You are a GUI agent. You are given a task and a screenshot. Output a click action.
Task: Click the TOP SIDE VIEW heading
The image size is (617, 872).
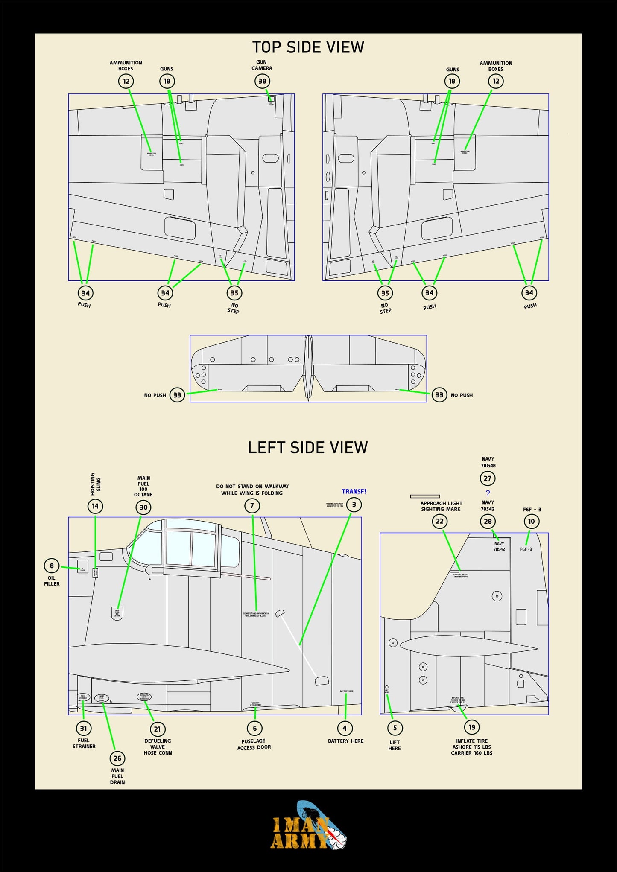(308, 47)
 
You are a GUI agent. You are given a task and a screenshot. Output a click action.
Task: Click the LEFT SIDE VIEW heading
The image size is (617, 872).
(308, 447)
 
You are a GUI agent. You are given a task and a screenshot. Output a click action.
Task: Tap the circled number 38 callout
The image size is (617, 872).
(262, 81)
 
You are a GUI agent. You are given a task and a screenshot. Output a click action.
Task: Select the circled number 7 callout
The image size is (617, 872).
(252, 506)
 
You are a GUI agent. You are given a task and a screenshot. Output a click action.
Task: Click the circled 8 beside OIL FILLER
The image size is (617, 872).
(52, 566)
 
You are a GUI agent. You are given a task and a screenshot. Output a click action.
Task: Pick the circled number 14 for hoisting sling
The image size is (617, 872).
(95, 506)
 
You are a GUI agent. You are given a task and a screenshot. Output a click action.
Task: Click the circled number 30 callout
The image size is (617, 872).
(143, 507)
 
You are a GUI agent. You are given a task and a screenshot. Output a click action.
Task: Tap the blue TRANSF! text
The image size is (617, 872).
(354, 491)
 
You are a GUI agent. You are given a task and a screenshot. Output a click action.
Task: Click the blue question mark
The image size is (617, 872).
(488, 493)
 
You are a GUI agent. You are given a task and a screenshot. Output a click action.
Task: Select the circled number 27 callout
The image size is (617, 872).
(488, 478)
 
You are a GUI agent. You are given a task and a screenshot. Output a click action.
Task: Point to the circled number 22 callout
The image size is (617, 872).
(439, 521)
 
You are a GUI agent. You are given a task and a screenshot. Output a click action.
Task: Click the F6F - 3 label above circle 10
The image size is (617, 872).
(532, 510)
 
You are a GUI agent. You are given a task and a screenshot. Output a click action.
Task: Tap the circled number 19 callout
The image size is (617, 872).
(472, 727)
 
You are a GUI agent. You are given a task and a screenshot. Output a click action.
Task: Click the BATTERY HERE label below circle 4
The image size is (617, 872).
(345, 741)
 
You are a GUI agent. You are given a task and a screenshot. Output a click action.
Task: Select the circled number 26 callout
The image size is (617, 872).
(117, 758)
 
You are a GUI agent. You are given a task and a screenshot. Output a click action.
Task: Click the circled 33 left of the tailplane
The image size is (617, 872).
(177, 395)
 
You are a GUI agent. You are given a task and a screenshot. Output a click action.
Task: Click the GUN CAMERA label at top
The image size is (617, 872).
(261, 65)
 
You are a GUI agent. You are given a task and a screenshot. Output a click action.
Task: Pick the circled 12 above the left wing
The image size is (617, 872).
(126, 81)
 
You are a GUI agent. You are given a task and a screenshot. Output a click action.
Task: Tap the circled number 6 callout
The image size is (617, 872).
(255, 728)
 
